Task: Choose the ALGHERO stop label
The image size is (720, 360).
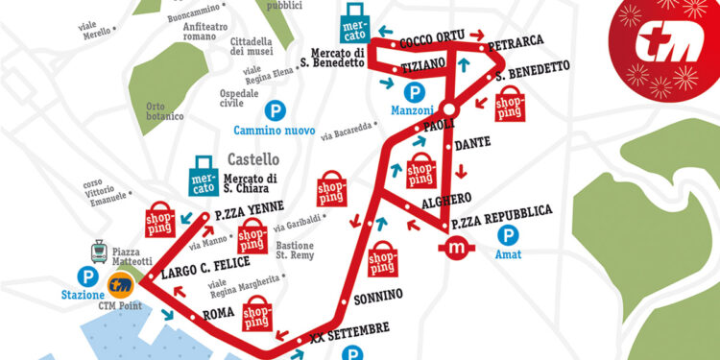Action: pyautogui.click(x=446, y=201)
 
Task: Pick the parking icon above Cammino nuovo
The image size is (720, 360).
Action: pyautogui.click(x=276, y=110)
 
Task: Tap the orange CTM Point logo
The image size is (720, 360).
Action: pyautogui.click(x=121, y=283)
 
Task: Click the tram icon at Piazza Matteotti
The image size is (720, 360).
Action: pyautogui.click(x=97, y=252)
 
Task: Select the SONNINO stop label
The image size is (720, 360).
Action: pyautogui.click(x=378, y=293)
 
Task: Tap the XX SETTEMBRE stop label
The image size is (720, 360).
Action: pyautogui.click(x=349, y=332)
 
